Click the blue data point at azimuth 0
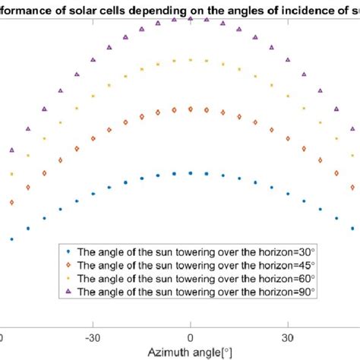click(191, 173)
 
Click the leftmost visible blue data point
click(11, 238)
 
